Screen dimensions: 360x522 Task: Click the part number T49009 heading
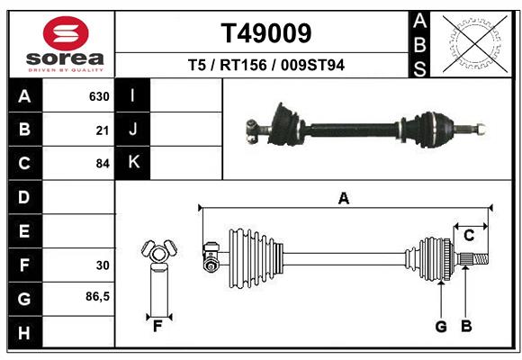[x=266, y=33]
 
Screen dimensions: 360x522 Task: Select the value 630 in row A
[x=99, y=96]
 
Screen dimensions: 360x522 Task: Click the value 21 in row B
[x=103, y=130]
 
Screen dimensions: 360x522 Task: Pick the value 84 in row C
[x=103, y=164]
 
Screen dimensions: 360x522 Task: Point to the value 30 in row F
[x=103, y=265]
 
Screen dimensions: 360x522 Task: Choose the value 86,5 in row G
[x=97, y=296]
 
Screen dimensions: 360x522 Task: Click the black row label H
[x=24, y=332]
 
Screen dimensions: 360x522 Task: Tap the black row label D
[x=24, y=197]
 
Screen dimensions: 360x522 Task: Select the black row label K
[x=133, y=162]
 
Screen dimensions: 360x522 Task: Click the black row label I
[x=133, y=95]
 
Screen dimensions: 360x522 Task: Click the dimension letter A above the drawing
[x=343, y=200]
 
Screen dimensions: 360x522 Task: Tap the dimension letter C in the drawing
[x=469, y=236]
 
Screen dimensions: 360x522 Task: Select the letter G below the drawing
[x=441, y=327]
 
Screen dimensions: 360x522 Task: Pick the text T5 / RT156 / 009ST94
[x=266, y=65]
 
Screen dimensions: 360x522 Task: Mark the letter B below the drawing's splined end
[x=466, y=327]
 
